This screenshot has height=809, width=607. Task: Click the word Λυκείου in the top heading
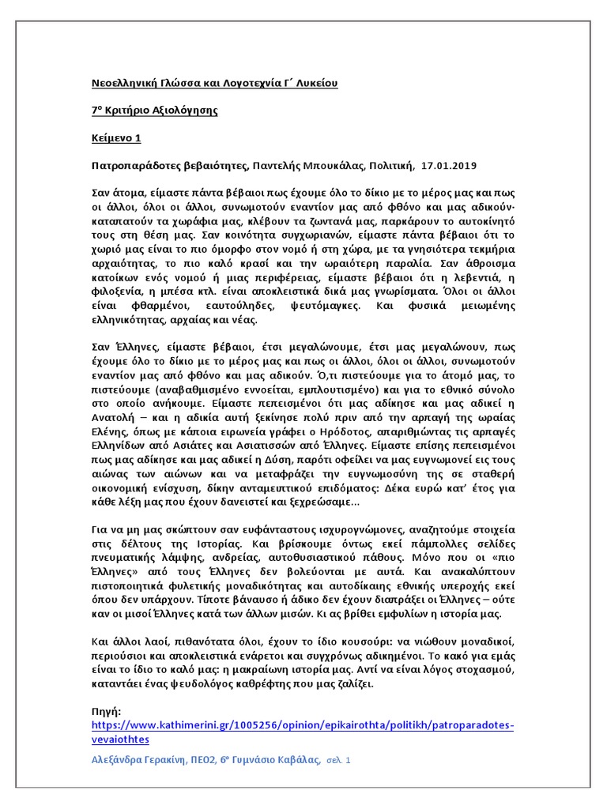[x=315, y=83]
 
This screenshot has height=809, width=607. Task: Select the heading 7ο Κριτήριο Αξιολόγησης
[x=154, y=111]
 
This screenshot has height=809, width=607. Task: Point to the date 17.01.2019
[x=450, y=165]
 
